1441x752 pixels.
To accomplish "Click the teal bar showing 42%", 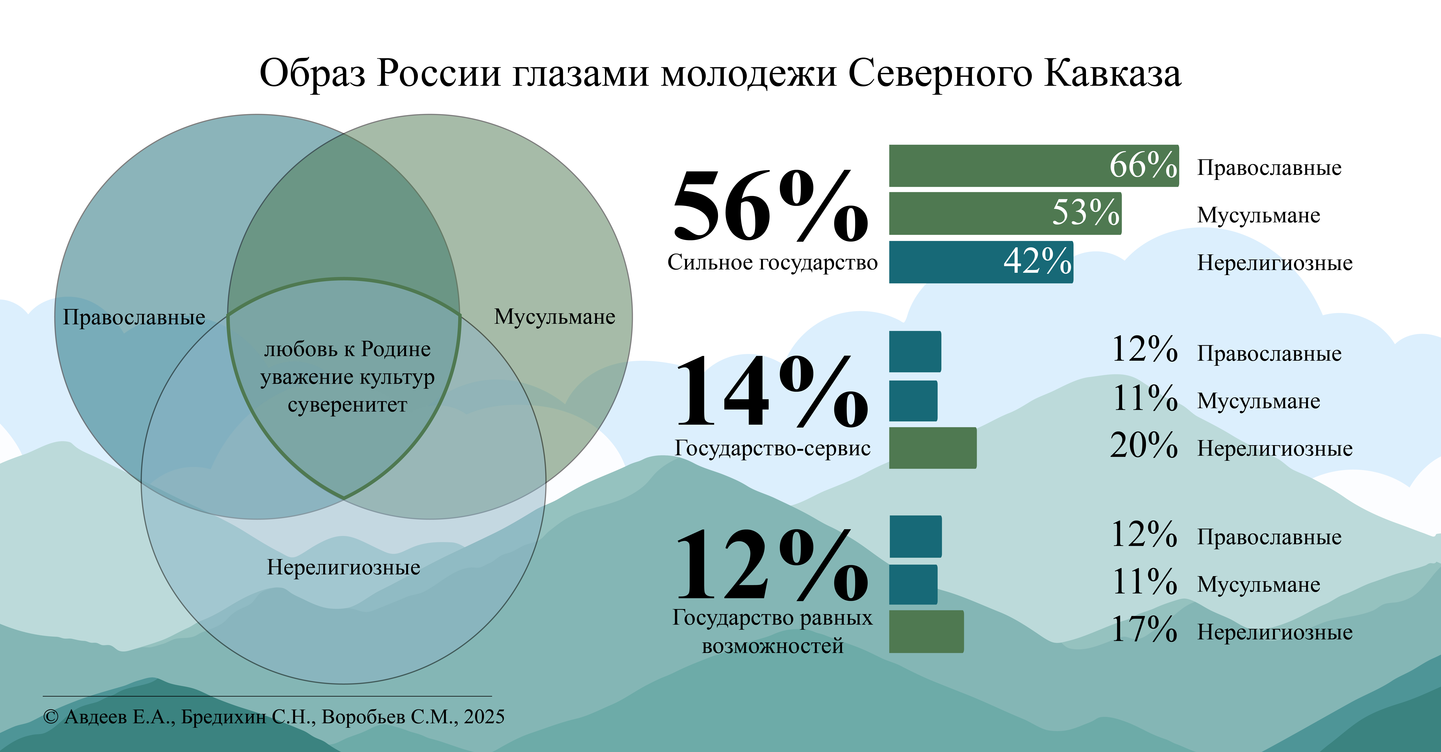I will [981, 262].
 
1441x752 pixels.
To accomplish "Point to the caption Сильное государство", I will [772, 262].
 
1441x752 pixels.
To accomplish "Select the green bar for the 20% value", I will [932, 448].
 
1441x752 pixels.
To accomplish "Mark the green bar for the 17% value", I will [926, 631].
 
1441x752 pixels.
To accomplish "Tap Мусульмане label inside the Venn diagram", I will [554, 317].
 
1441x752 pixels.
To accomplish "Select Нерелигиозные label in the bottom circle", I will [344, 567].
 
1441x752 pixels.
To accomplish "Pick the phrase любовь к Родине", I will [347, 349].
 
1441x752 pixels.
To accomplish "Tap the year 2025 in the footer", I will [484, 717].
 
